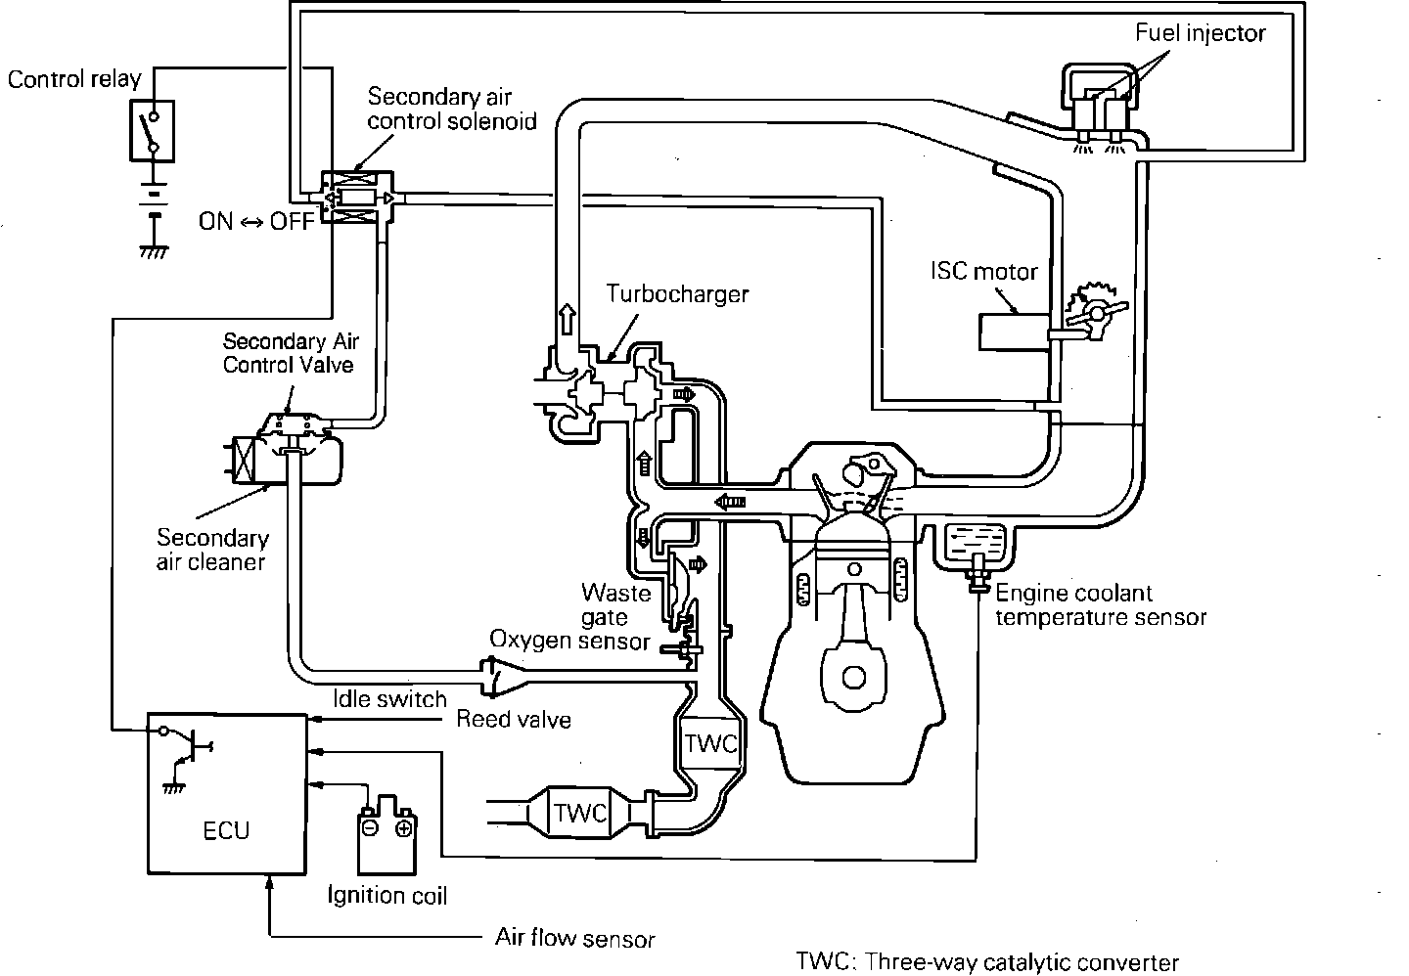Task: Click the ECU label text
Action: click(226, 830)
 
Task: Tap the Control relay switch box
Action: click(153, 131)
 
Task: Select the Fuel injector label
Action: click(1201, 33)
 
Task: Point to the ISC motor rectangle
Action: click(1014, 332)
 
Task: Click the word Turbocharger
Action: click(677, 294)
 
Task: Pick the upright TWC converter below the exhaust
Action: click(710, 743)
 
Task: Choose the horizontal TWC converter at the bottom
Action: click(579, 813)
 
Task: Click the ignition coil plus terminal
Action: click(403, 828)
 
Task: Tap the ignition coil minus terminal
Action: click(371, 828)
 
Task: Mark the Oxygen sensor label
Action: click(569, 641)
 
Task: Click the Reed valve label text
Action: click(514, 719)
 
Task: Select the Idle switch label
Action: click(389, 698)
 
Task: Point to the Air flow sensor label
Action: click(575, 938)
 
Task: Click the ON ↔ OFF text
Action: click(256, 221)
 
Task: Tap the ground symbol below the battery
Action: click(155, 251)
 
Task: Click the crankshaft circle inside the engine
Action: click(853, 678)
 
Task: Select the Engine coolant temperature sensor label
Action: click(1101, 605)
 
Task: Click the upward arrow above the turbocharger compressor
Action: click(567, 319)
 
